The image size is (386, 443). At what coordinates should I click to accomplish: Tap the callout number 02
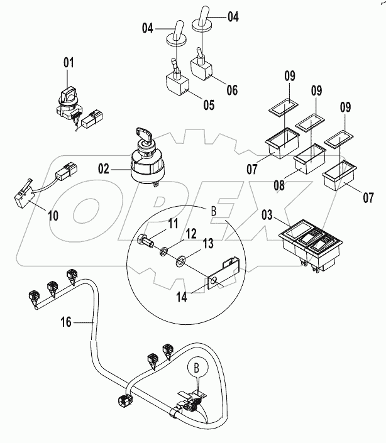click(x=103, y=168)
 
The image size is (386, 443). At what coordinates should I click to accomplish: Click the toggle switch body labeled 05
click(x=178, y=82)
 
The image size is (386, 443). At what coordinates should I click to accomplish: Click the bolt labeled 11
click(x=144, y=240)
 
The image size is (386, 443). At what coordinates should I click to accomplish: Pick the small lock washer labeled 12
click(x=163, y=252)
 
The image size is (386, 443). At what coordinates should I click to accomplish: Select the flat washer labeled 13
click(x=181, y=258)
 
